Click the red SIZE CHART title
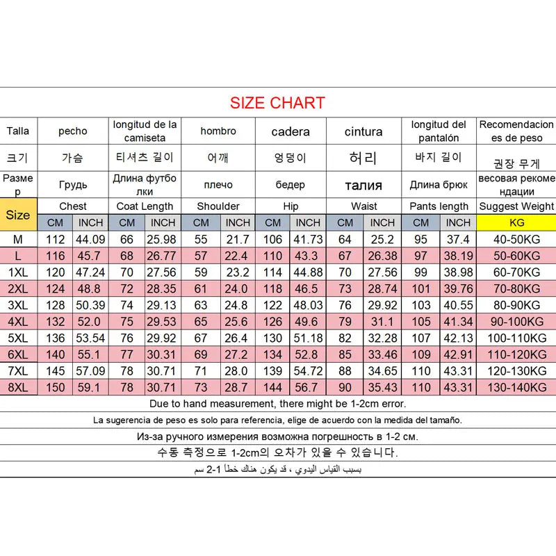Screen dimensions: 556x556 [277, 104]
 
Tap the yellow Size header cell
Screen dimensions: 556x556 [18, 215]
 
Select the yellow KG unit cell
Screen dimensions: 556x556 [516, 222]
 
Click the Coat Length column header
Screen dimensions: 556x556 [145, 206]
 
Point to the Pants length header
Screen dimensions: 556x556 [439, 206]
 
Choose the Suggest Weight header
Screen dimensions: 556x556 [516, 206]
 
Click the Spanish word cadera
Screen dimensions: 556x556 [291, 131]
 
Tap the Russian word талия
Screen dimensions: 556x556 [363, 185]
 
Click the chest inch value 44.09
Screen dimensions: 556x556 [90, 240]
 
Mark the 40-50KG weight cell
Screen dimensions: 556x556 [516, 240]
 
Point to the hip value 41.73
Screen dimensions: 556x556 [307, 240]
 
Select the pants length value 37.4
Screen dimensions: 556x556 [458, 240]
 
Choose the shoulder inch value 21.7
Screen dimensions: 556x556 [237, 240]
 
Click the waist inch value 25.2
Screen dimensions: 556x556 [382, 240]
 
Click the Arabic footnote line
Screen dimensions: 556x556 [278, 470]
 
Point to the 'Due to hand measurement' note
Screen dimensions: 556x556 [278, 403]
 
